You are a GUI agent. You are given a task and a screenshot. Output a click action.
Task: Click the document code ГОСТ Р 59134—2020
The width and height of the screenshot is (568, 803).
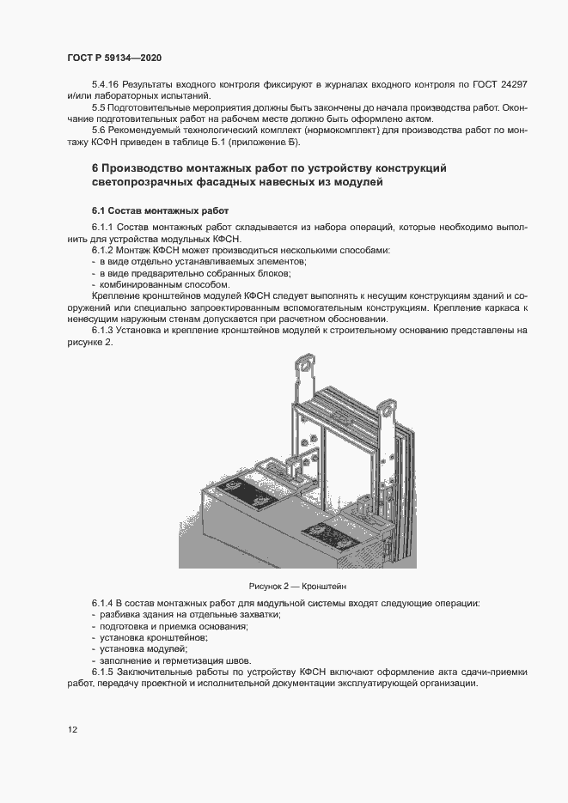click(113, 57)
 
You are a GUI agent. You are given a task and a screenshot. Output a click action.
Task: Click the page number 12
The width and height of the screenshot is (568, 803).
click(72, 730)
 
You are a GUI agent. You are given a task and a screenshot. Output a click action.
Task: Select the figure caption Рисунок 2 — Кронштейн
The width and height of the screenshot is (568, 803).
click(296, 584)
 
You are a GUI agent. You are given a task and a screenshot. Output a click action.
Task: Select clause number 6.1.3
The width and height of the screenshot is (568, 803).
click(104, 330)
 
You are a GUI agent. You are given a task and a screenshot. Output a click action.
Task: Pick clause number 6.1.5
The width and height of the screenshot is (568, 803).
click(104, 672)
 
